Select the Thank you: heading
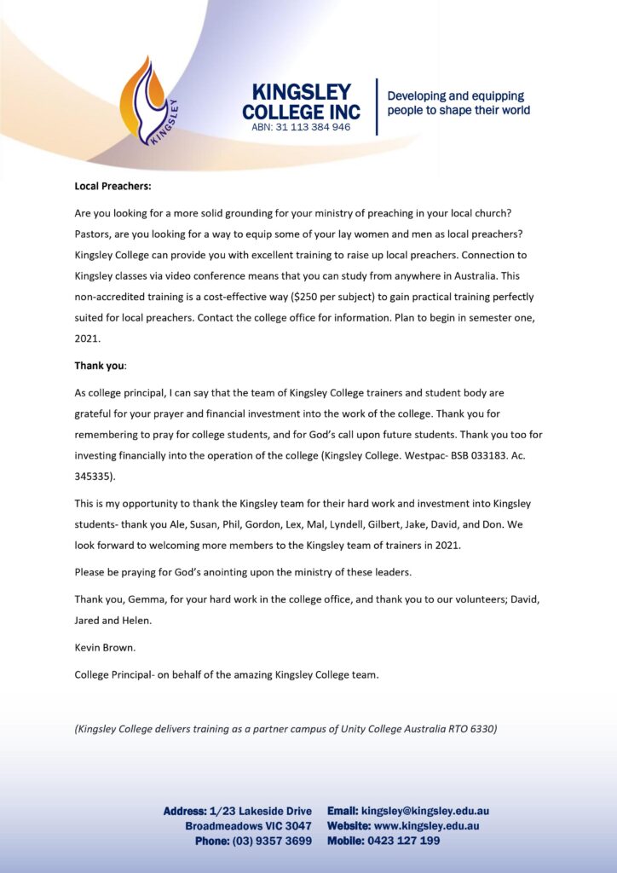pos(101,365)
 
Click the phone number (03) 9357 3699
pos(272,841)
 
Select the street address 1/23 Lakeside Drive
pos(261,811)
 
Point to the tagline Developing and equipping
pos(456,95)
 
